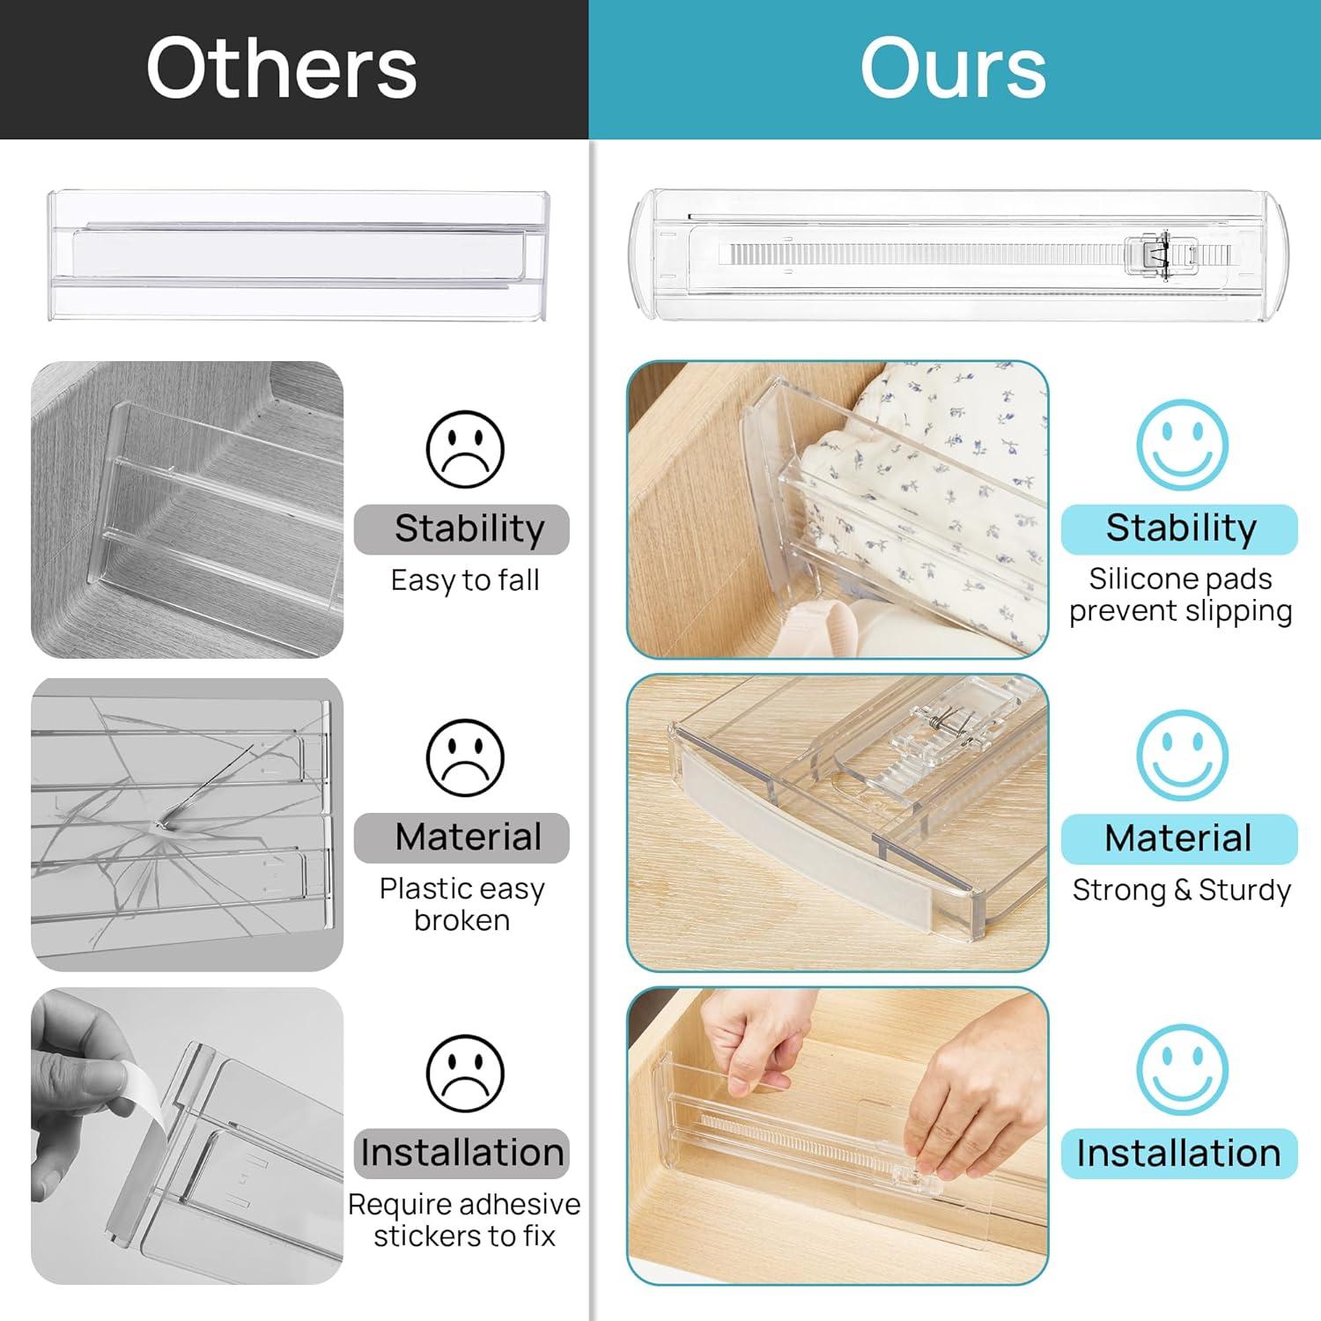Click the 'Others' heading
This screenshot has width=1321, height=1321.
point(282,69)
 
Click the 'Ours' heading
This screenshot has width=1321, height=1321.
point(953,69)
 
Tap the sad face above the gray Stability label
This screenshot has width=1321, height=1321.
point(465,449)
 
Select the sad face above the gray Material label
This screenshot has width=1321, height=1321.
point(465,757)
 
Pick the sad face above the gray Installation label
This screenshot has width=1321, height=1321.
point(465,1074)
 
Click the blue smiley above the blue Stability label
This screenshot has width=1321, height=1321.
point(1182,445)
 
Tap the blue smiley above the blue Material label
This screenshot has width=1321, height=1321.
point(1182,756)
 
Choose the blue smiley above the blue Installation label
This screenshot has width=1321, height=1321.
point(1182,1070)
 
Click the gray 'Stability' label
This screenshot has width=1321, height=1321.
point(461,529)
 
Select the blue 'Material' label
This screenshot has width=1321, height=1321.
point(1179,838)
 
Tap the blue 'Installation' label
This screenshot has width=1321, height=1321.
point(1179,1154)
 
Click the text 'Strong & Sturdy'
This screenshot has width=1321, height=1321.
point(1182,890)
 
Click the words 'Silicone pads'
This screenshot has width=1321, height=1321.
point(1180,579)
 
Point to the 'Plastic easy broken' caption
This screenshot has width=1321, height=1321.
point(462,904)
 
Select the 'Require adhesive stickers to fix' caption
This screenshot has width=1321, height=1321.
point(464,1220)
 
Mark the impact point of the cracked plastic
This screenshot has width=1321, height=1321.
point(160,824)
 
